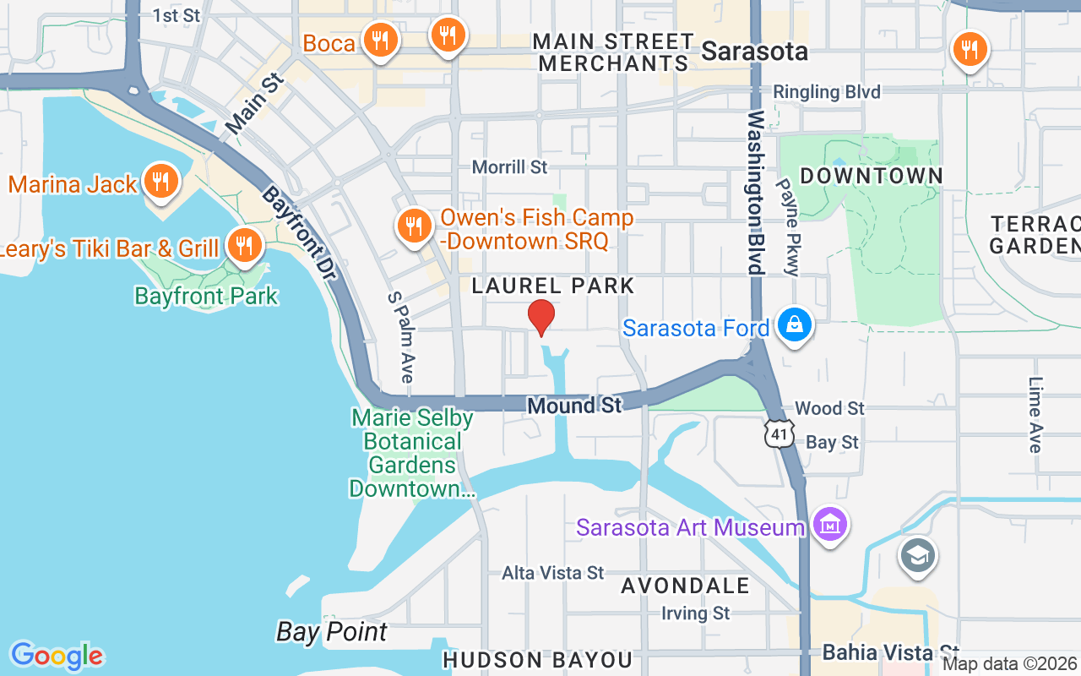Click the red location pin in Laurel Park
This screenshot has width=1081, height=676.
541,316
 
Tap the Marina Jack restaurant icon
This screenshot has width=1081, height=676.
158,180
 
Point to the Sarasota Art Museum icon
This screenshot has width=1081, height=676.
830,525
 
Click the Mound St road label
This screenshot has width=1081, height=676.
574,406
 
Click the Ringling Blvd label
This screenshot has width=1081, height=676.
827,92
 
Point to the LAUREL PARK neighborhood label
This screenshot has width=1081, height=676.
553,286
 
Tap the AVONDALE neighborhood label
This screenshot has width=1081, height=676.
685,586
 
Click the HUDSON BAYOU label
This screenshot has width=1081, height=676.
537,660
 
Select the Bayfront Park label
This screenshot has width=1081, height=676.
206,296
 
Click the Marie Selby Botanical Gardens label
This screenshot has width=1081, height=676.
412,453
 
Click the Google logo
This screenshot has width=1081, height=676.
57,656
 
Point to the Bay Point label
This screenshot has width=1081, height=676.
332,631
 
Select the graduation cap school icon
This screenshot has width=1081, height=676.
917,555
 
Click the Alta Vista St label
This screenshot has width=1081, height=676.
553,573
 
